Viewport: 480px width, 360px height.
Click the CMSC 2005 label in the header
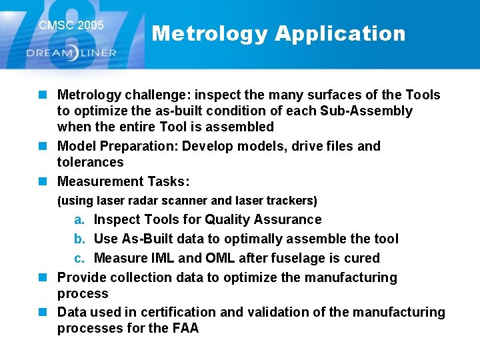pyautogui.click(x=71, y=25)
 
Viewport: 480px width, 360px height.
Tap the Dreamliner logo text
pyautogui.click(x=71, y=53)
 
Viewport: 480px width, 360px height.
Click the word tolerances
pyautogui.click(x=90, y=162)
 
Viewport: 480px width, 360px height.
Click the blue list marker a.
pyautogui.click(x=79, y=220)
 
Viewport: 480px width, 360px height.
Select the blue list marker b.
pyautogui.click(x=79, y=239)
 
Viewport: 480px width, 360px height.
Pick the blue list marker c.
pyautogui.click(x=79, y=259)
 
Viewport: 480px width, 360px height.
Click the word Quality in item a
pyautogui.click(x=227, y=220)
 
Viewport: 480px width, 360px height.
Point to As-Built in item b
pyautogui.click(x=145, y=239)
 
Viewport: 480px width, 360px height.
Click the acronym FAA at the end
pyautogui.click(x=184, y=329)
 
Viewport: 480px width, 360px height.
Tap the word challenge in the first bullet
pyautogui.click(x=153, y=95)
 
